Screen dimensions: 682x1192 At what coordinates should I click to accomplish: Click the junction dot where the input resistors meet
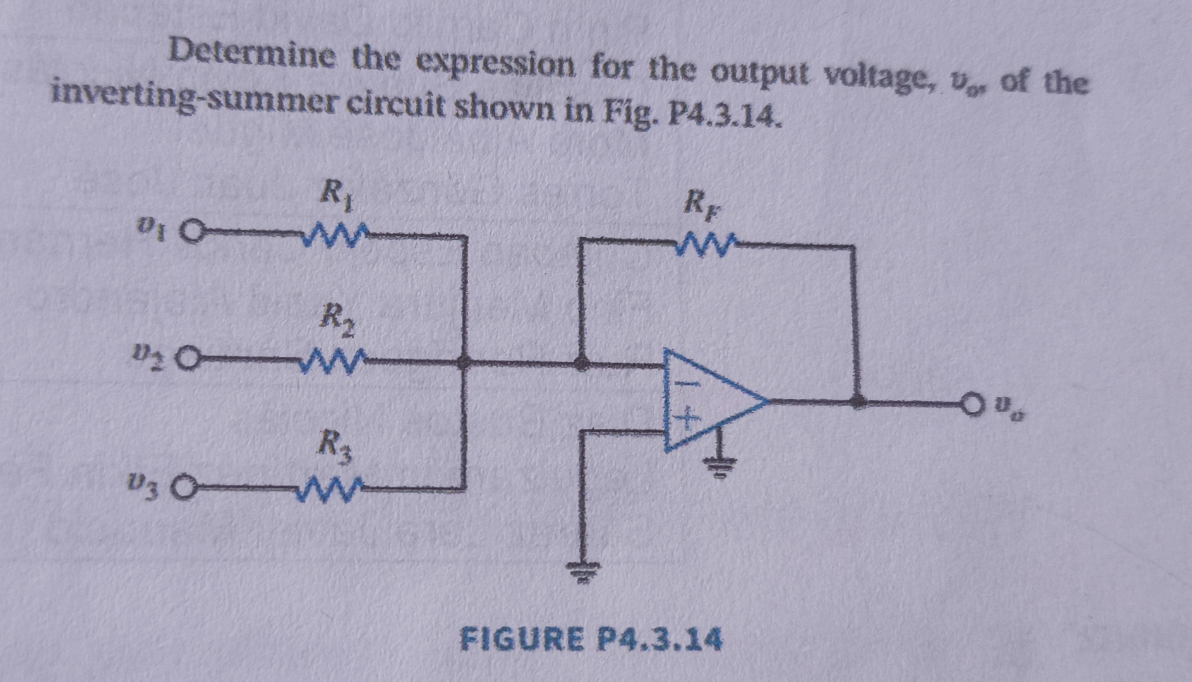pos(464,362)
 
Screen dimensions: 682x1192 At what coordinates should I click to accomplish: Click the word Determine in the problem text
pos(252,56)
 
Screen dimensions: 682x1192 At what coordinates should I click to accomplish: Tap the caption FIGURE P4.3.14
pos(591,639)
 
